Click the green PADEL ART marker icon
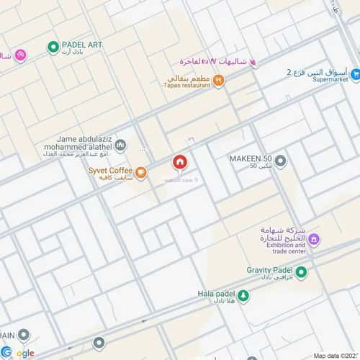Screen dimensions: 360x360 coord(53,48)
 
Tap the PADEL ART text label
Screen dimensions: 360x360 coord(83,45)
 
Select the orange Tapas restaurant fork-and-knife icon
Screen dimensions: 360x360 coord(218,82)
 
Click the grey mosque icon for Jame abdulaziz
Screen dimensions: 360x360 coord(120,145)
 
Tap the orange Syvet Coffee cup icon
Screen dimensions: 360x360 coord(141,173)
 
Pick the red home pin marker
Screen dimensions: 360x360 coord(179,163)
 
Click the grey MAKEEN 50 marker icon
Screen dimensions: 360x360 coord(281,161)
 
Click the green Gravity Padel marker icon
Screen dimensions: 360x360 coord(301,271)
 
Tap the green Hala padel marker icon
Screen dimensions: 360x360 coord(243,294)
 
